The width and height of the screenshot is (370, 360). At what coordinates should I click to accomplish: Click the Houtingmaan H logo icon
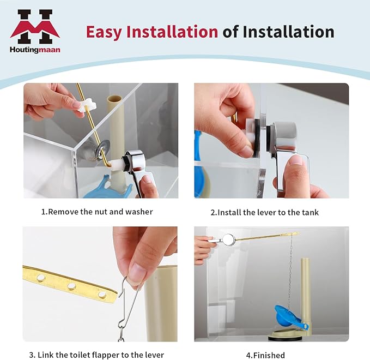pos(35,27)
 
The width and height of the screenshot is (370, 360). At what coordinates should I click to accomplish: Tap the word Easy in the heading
pos(104,32)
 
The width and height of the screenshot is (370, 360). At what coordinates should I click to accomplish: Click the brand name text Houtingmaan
pos(35,50)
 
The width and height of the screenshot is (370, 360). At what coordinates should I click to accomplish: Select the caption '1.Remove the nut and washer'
pos(97,212)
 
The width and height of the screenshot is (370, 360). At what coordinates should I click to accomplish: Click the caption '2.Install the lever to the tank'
pos(264,212)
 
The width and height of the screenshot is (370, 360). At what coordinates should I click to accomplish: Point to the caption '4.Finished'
pos(265,355)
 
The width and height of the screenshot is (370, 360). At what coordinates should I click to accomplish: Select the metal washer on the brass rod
pos(103,147)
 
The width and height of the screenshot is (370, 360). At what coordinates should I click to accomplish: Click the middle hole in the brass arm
pos(71,286)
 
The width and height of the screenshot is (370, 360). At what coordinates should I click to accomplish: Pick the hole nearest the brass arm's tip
pos(102,294)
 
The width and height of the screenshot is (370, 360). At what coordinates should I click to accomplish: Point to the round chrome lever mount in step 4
pos(228,239)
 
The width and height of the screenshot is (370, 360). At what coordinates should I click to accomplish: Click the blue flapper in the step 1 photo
pos(107,188)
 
